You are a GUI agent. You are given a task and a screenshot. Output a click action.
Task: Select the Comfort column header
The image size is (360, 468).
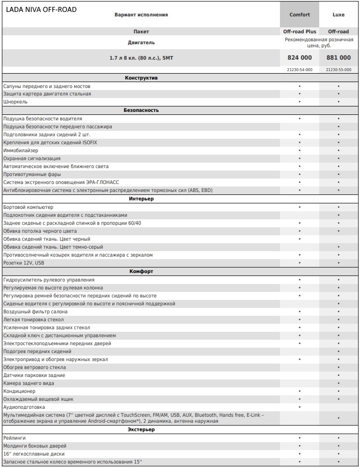tap(299, 15)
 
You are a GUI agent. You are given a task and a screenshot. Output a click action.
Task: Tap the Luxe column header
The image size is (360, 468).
tap(338, 15)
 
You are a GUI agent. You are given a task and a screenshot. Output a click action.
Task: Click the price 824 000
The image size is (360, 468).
tap(299, 58)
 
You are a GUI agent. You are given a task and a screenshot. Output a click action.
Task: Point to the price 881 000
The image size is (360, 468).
tap(338, 58)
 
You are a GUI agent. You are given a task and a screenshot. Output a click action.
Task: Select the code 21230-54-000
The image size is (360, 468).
tap(299, 70)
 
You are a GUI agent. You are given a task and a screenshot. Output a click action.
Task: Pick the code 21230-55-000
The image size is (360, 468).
tap(338, 70)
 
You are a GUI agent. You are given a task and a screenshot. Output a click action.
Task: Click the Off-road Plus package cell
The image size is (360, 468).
tap(299, 32)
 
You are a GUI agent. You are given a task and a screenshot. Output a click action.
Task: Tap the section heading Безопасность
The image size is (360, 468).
tap(141, 110)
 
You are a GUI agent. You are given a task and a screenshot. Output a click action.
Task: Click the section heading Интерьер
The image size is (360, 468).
tap(141, 199)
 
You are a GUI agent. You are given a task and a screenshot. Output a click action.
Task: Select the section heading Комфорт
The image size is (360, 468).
tap(141, 272)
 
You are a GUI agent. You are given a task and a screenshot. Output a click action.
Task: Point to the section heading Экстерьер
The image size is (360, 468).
tap(141, 429)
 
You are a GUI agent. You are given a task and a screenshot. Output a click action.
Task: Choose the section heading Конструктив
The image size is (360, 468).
tap(141, 78)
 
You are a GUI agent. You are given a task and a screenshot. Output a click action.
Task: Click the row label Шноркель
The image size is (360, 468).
tap(15, 102)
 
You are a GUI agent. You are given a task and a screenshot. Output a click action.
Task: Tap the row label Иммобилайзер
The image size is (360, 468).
tap(21, 151)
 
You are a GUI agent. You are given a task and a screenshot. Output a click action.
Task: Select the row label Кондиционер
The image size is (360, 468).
tap(19, 391)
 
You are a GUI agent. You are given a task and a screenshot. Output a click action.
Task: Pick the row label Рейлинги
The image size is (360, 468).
tap(14, 438)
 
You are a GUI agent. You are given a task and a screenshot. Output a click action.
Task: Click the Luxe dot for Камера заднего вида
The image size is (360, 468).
tap(338, 383)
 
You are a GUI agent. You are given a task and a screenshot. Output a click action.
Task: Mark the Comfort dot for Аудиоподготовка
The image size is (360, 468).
tap(299, 407)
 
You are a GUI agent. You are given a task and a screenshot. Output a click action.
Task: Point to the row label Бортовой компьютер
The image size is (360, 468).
tap(28, 207)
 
